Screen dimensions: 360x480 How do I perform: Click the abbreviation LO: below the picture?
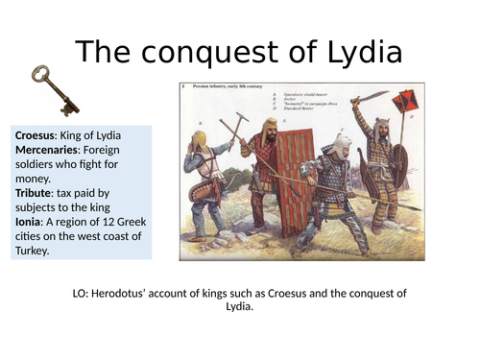pyautogui.click(x=83, y=294)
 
